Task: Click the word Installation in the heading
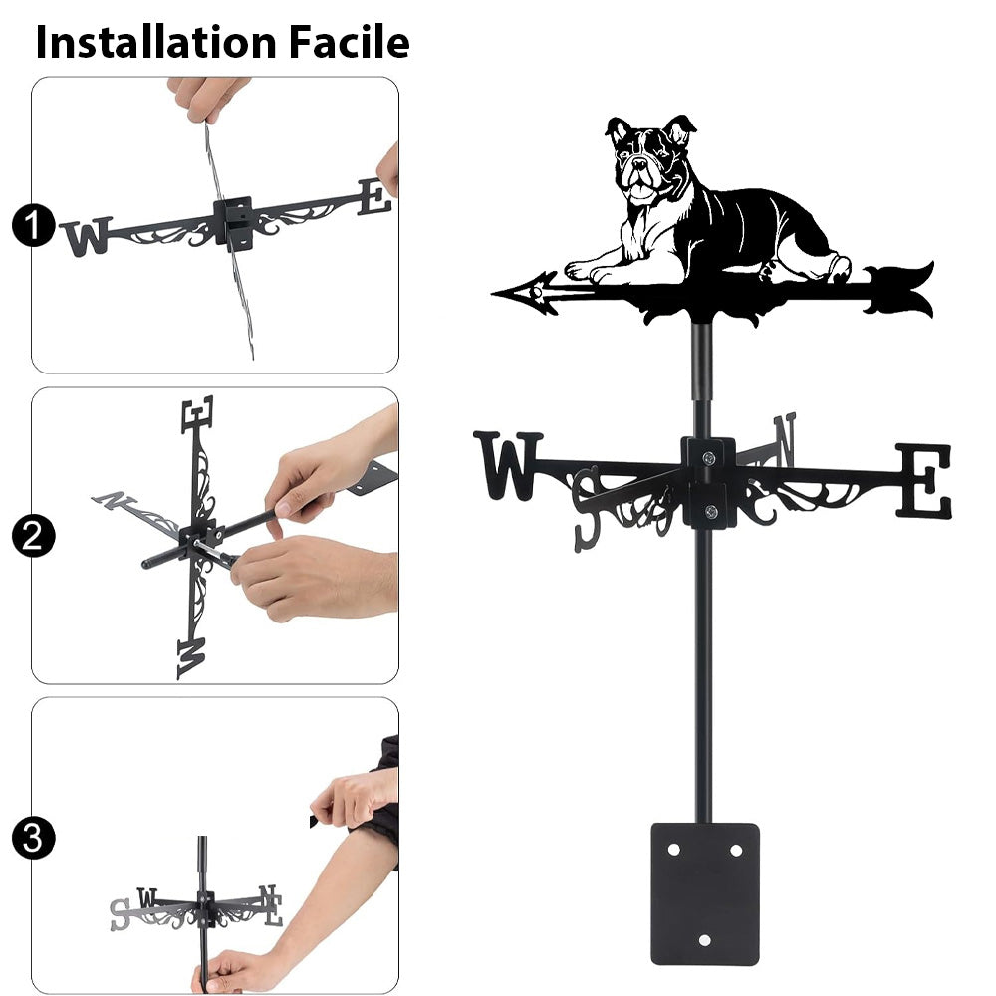(x=155, y=42)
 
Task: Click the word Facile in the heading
(x=350, y=42)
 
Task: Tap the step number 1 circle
(x=33, y=226)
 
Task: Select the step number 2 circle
(x=33, y=536)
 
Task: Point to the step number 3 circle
(x=33, y=839)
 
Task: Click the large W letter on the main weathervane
(x=507, y=465)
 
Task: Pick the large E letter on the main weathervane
(x=924, y=481)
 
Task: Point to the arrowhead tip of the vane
(x=493, y=294)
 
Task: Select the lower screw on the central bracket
(x=711, y=511)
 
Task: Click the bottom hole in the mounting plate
(x=704, y=940)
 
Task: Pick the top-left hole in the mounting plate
(x=674, y=850)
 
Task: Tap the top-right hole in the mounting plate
(x=736, y=850)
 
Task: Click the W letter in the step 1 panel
(x=86, y=236)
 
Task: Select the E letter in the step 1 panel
(x=374, y=196)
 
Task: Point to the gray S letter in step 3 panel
(x=120, y=914)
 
